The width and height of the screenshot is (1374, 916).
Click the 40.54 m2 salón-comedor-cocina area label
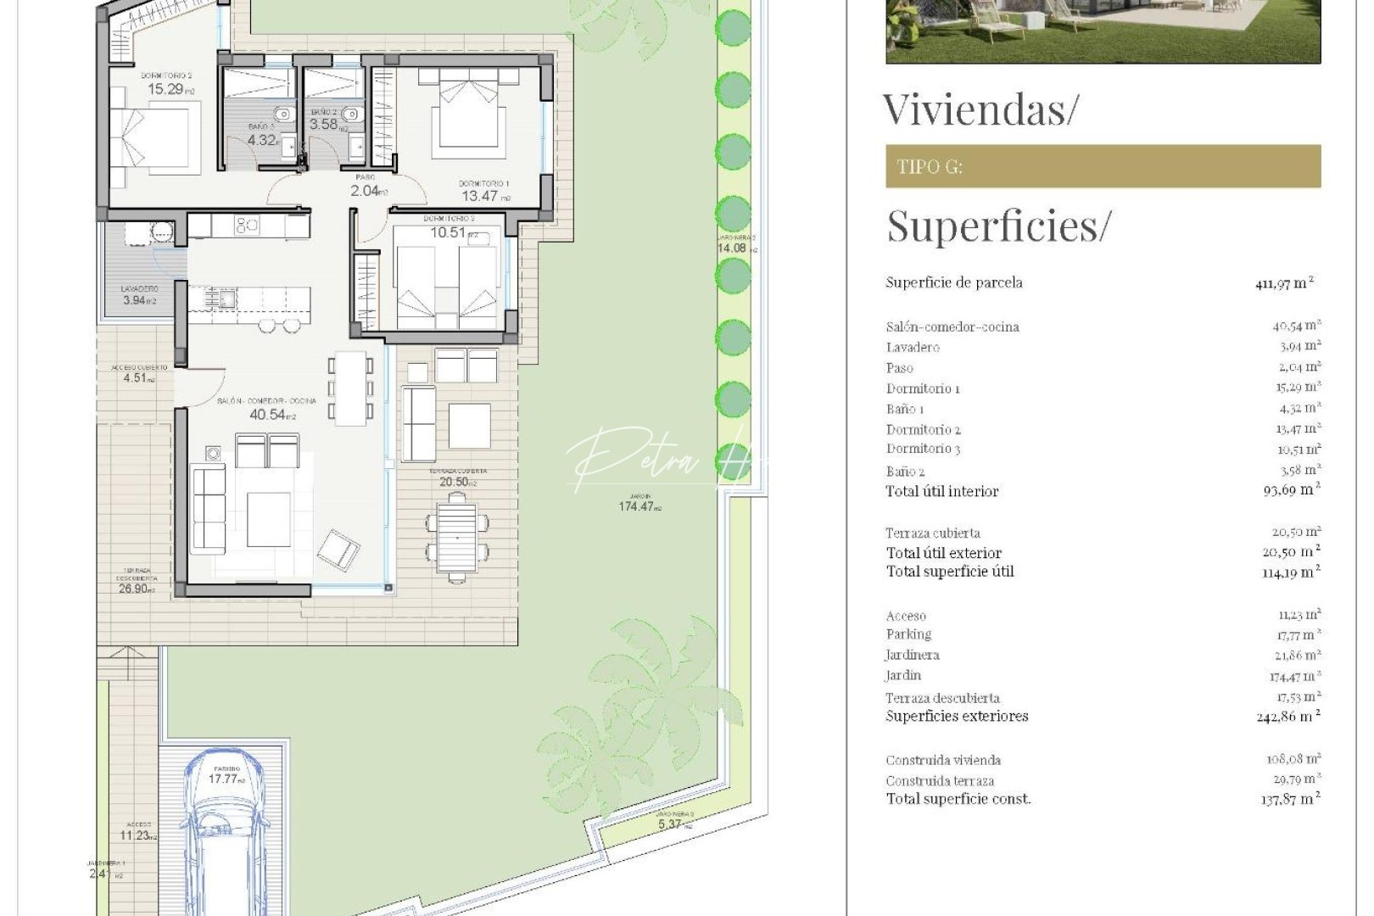(271, 414)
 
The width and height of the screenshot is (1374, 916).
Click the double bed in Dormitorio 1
(468, 114)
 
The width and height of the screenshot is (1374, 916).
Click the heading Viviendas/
(980, 109)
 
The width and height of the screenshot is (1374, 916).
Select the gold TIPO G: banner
(1103, 166)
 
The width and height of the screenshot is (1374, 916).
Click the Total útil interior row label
(942, 491)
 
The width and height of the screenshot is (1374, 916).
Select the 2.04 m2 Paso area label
(367, 191)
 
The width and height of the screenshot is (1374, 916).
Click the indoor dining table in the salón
(350, 388)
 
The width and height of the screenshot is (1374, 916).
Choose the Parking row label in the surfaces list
(908, 634)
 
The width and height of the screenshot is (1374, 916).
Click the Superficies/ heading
(997, 226)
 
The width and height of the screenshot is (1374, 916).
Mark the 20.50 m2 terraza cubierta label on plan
(457, 481)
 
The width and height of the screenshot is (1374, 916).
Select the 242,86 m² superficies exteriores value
(1287, 717)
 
